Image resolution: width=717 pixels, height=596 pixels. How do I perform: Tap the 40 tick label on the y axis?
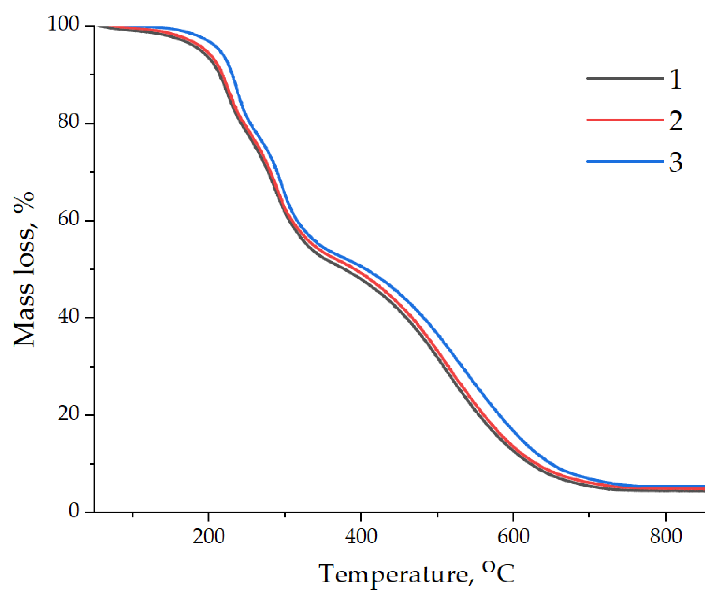[69, 316]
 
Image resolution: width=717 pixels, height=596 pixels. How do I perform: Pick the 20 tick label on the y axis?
[69, 413]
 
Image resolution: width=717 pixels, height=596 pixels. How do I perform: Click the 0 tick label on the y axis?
[74, 510]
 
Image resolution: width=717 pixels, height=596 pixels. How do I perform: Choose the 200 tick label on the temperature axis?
[208, 537]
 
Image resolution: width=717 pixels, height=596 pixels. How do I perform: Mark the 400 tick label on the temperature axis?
[361, 537]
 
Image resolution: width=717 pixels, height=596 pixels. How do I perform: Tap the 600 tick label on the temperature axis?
[513, 537]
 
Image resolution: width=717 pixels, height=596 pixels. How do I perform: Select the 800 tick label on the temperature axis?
[665, 537]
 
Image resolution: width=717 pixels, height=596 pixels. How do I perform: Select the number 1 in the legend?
[675, 80]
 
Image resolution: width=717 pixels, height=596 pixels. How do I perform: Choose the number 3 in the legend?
[675, 162]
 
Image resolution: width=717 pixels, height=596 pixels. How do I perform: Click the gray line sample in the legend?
[625, 78]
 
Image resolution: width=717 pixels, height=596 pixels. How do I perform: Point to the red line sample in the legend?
[625, 120]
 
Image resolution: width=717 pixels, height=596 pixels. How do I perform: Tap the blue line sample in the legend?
[625, 161]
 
